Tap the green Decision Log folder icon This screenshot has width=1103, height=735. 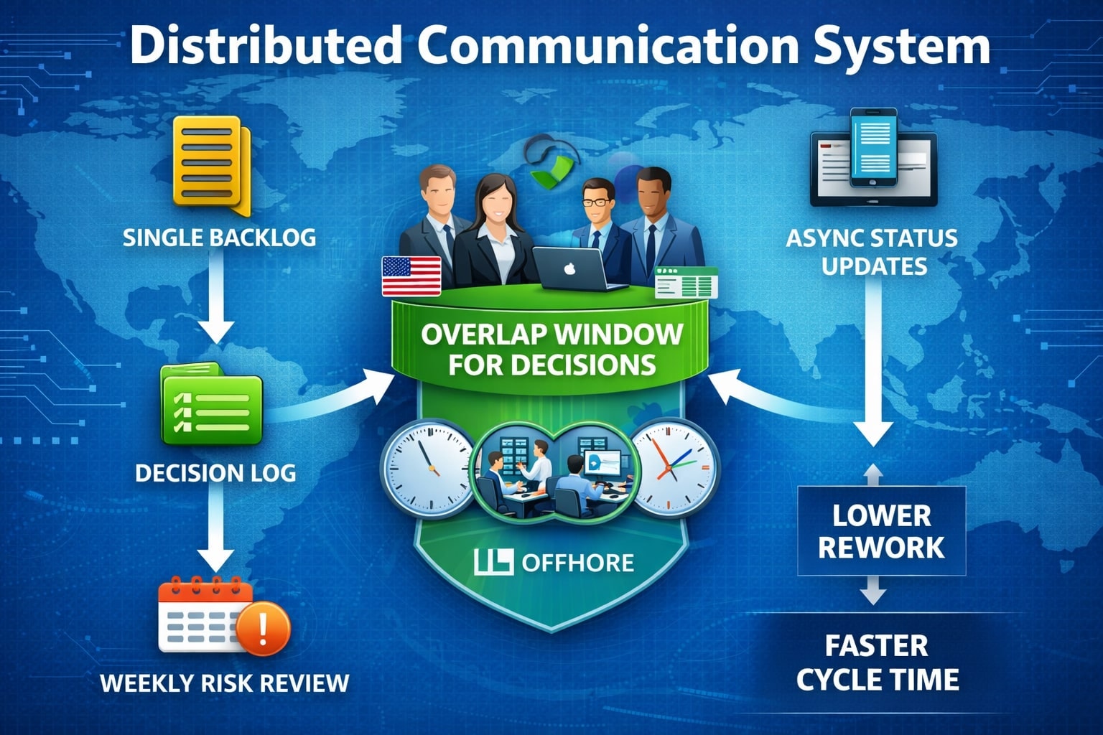(x=211, y=406)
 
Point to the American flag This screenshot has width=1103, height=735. (x=411, y=276)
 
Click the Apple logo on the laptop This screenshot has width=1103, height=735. (x=570, y=269)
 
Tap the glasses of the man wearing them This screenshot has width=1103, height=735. (x=597, y=202)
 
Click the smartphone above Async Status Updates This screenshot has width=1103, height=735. (x=873, y=147)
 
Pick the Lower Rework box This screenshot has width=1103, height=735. (x=881, y=531)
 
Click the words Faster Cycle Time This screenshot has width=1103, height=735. (x=877, y=663)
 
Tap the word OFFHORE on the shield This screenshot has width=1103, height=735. (x=577, y=562)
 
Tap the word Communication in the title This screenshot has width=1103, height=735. (x=607, y=46)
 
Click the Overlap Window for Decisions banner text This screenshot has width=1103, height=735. (x=551, y=349)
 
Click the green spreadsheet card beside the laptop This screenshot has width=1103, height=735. (x=687, y=283)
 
